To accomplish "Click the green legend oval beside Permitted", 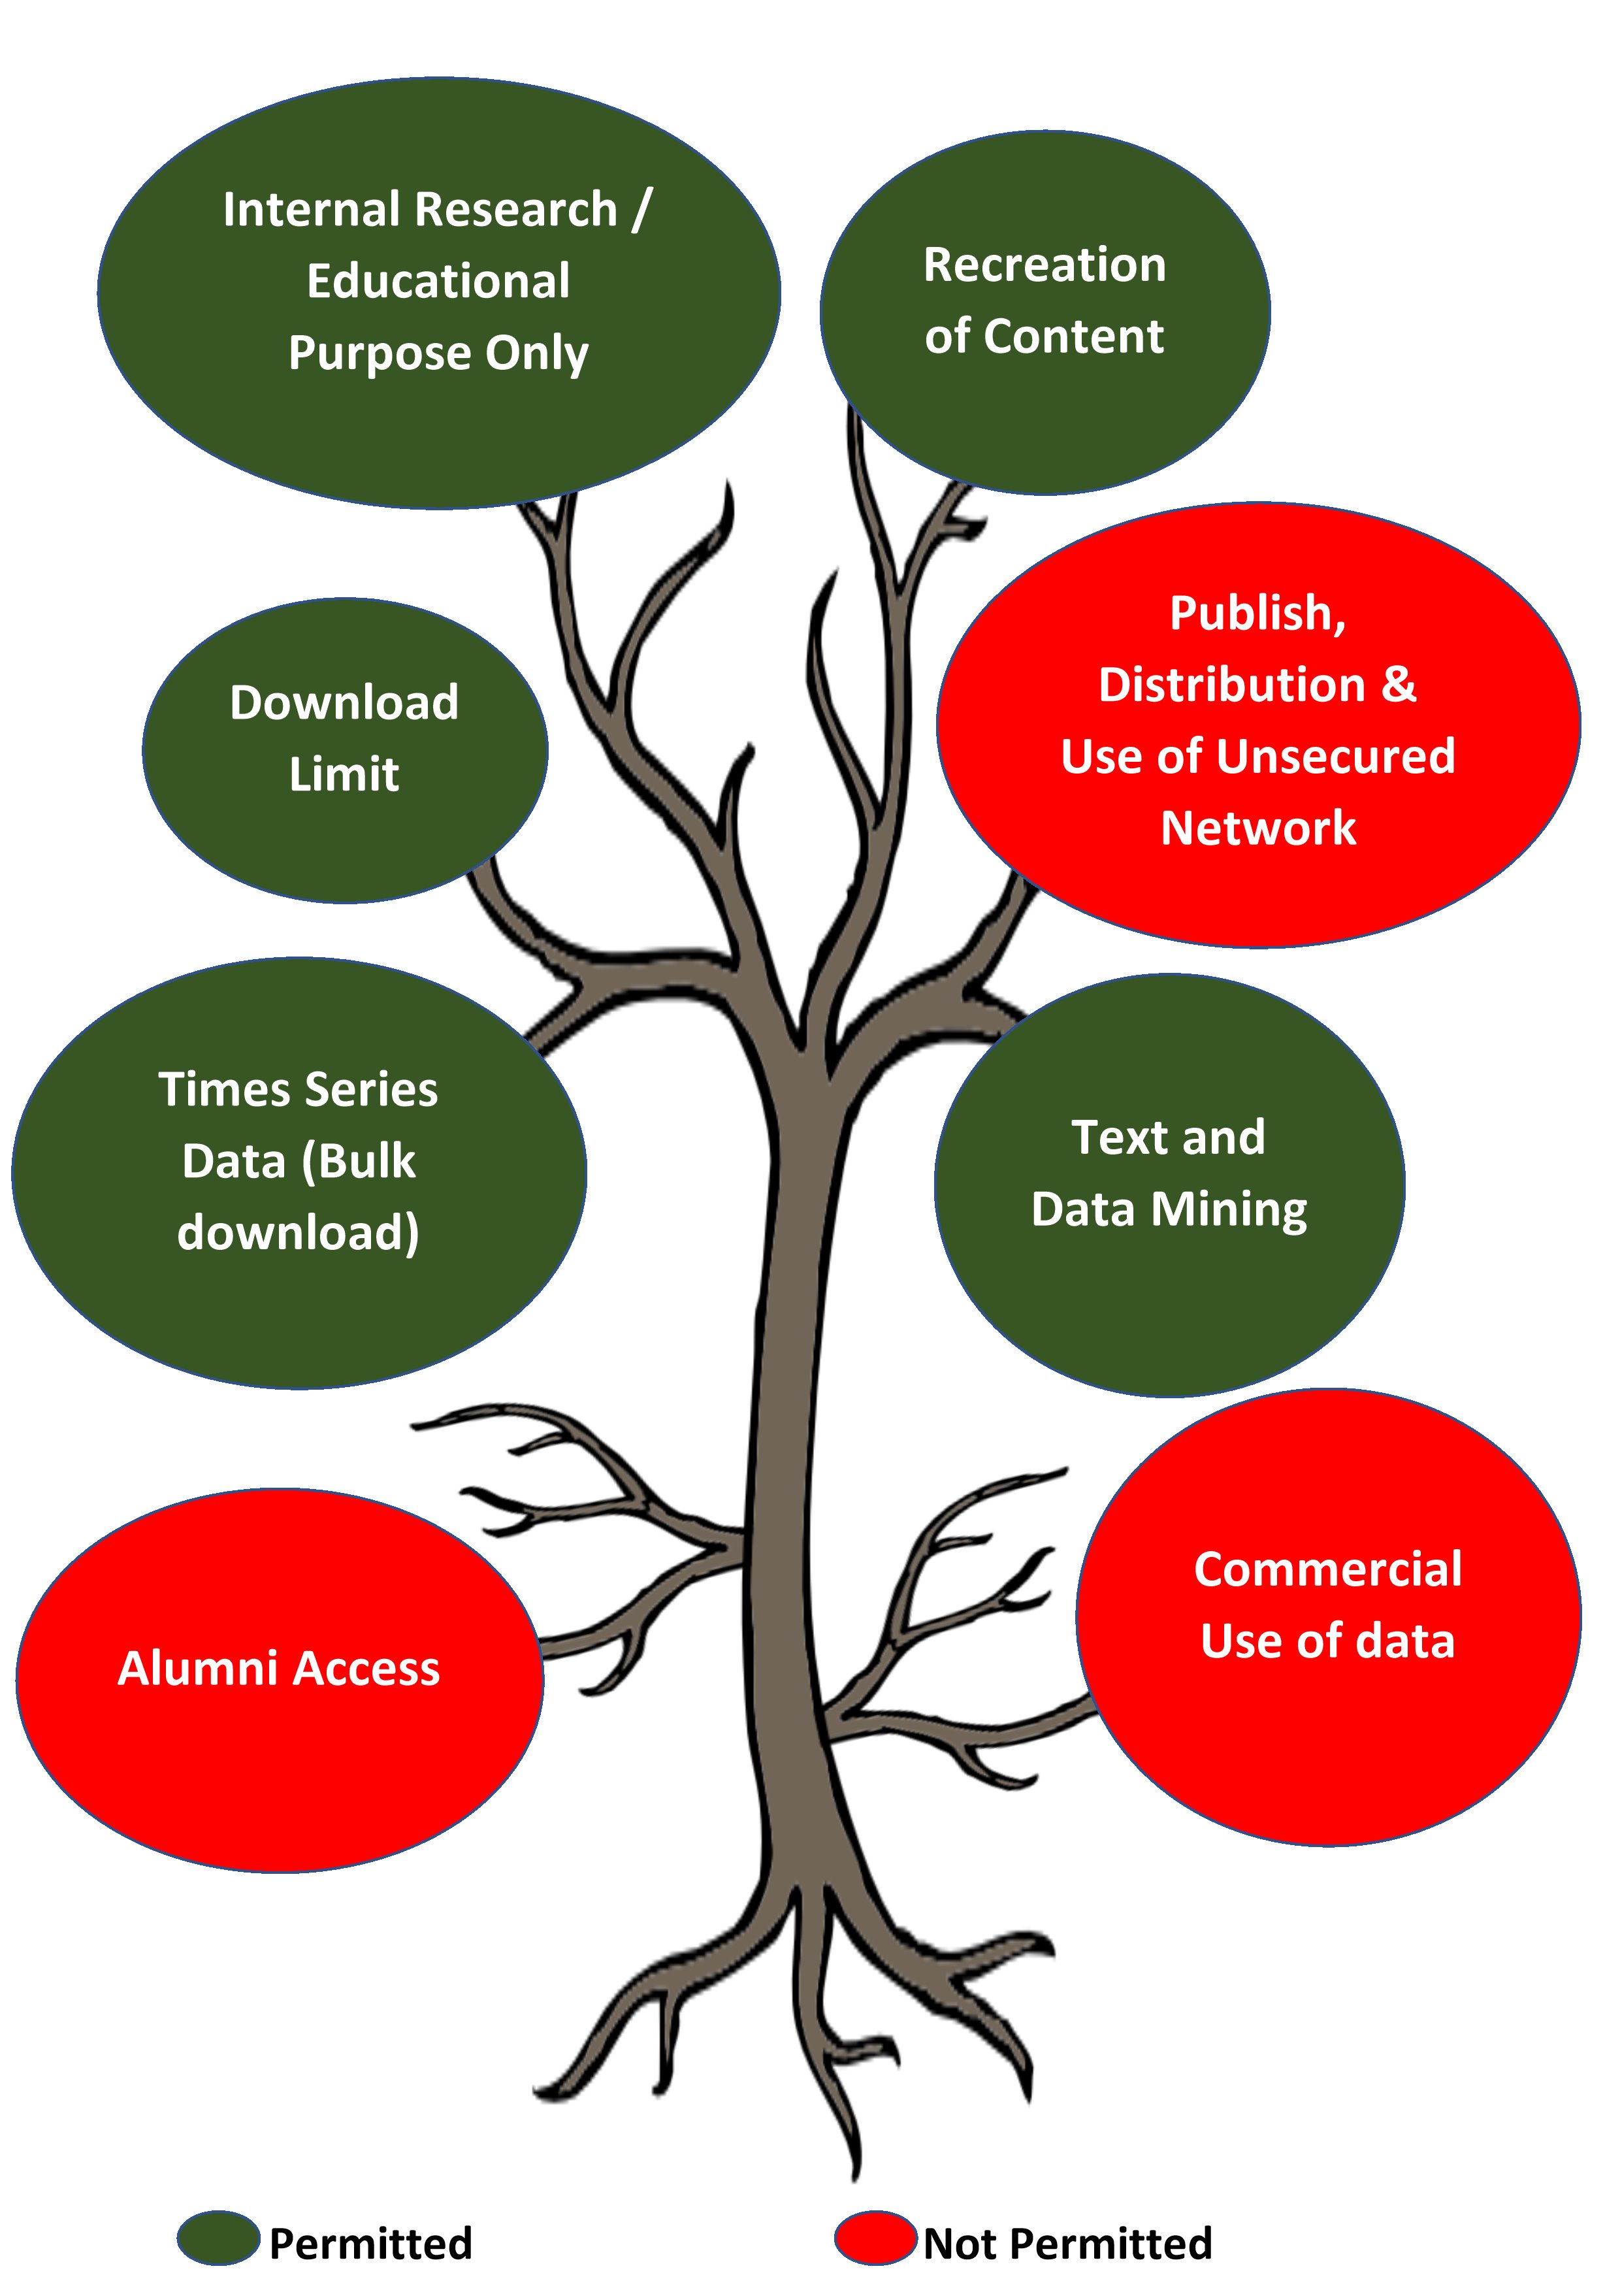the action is [219, 2237].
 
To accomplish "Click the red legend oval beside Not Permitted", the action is [875, 2237].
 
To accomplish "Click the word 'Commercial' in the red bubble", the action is [1327, 1569].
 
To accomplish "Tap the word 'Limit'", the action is [344, 774].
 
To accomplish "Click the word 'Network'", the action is [1257, 828].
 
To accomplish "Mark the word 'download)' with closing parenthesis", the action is [299, 1234].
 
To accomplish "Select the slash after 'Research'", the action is [640, 210].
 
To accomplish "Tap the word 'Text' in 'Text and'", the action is [1113, 1138].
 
